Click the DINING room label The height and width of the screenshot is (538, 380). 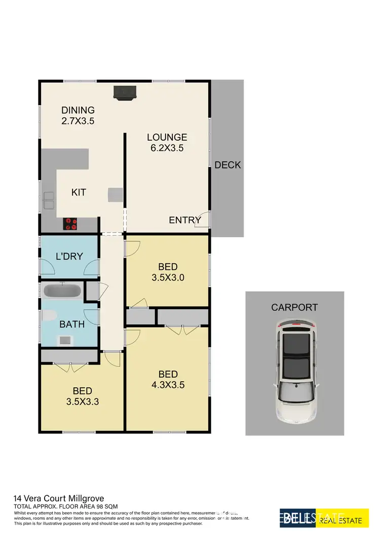coord(78,110)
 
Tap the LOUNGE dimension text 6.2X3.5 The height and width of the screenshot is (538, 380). coord(167,149)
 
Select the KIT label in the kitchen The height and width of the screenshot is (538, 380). coord(79,192)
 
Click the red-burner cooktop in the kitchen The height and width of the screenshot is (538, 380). coord(70,223)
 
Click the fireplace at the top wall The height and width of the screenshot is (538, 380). coord(125,93)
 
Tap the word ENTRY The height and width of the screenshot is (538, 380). coord(185,220)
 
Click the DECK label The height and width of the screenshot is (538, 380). coord(227,165)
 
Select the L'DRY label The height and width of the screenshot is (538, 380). coord(69,257)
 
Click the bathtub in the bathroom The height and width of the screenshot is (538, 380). coord(63,291)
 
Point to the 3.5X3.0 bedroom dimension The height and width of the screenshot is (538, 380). coord(168,278)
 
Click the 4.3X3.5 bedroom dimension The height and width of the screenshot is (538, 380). coord(168,385)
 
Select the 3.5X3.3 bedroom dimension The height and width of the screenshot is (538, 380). coord(82,401)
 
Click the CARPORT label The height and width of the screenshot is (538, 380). coord(294,307)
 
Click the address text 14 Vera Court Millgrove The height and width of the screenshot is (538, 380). coord(59,498)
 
